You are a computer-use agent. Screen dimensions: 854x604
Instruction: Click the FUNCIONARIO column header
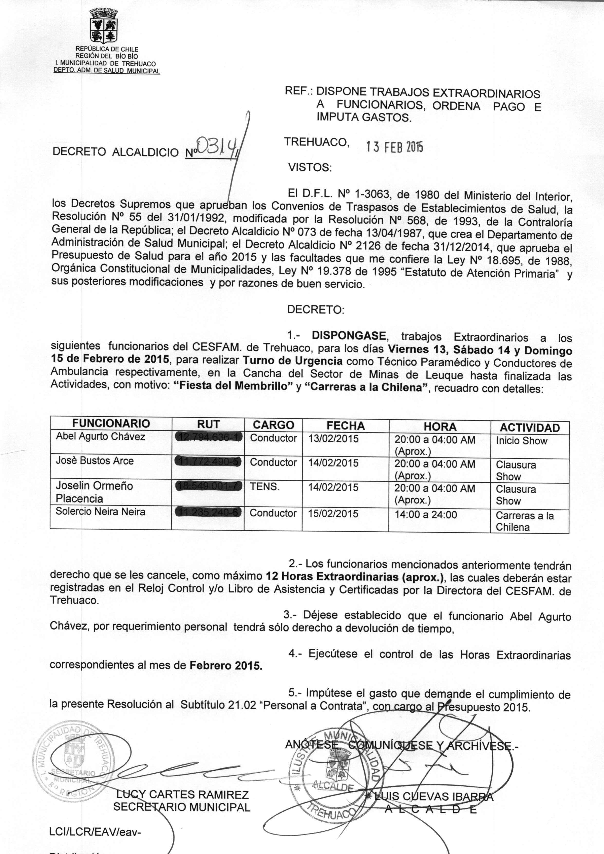point(111,423)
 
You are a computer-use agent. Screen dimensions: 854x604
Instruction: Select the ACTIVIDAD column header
point(529,427)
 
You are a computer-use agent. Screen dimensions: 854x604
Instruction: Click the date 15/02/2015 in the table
point(333,514)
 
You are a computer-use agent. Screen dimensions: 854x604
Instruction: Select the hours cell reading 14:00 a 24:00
point(425,515)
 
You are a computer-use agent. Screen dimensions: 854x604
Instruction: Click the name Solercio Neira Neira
point(100,512)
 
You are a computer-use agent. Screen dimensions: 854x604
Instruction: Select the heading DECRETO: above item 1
point(316,310)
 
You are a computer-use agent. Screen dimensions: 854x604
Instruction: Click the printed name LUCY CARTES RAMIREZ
point(182,795)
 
